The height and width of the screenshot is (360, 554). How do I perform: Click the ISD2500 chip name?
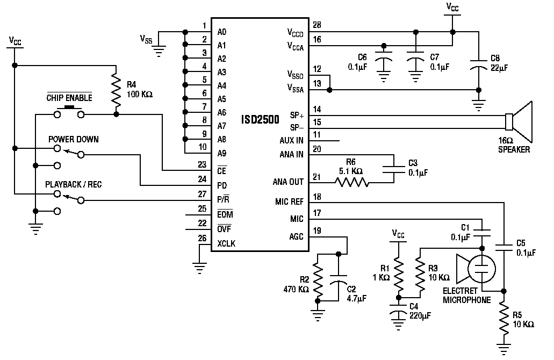[260, 120]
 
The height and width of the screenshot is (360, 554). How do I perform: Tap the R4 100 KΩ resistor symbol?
[116, 90]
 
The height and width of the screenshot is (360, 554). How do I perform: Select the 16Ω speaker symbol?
[519, 121]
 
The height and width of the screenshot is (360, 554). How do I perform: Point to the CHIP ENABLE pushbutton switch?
[69, 112]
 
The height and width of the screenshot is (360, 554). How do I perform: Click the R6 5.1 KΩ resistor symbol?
[351, 183]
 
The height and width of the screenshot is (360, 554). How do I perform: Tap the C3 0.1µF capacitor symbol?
[393, 169]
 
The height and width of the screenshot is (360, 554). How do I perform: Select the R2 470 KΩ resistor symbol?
[318, 282]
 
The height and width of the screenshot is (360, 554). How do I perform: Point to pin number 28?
[317, 25]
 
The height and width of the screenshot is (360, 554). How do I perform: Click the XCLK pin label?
[226, 244]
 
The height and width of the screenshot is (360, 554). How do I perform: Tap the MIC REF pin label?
[289, 201]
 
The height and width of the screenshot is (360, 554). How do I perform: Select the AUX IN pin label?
[291, 141]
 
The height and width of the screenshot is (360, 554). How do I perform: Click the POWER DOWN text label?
[74, 139]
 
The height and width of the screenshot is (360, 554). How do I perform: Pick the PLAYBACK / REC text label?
[74, 184]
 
